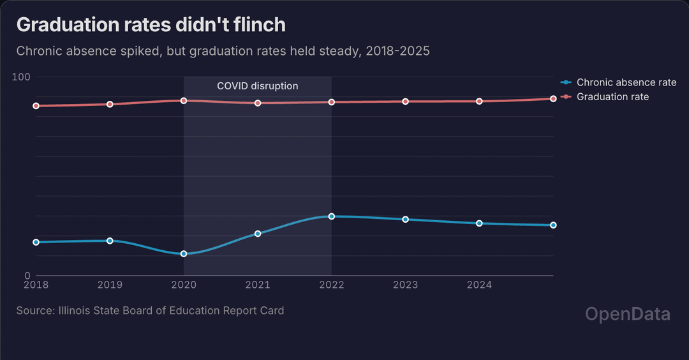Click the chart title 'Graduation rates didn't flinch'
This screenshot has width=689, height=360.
point(151,25)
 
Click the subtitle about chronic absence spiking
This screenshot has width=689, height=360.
point(223,51)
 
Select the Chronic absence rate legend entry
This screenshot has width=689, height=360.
point(626,82)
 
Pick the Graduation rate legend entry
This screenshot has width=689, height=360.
point(612,96)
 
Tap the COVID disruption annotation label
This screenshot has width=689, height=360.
point(257,86)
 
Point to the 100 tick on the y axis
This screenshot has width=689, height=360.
point(22,77)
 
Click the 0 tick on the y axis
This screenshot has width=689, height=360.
point(27,276)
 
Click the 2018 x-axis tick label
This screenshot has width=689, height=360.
point(36,285)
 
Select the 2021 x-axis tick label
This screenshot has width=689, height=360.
point(258,285)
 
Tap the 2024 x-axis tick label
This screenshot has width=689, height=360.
point(479,285)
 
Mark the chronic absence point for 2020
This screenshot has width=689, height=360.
point(184,253)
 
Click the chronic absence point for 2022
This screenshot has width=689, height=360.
point(332,216)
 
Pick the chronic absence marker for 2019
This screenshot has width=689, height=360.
point(110,241)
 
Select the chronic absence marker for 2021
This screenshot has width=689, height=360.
point(258,234)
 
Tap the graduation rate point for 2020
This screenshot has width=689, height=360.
point(184,100)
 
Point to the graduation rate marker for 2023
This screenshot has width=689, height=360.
point(405,101)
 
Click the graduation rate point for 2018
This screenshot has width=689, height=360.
point(36,105)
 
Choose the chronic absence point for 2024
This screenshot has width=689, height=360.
point(479,223)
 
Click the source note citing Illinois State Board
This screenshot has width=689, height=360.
point(150,311)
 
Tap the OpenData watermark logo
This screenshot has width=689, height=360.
point(628,314)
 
